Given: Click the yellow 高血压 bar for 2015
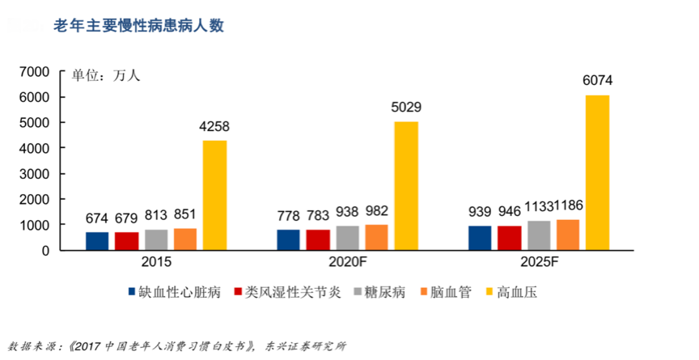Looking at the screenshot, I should pos(214,195).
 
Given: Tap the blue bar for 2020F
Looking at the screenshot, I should pos(288,240).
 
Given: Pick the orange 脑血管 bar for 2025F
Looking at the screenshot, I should pos(568,235).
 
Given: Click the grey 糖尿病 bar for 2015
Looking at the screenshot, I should pos(155,240).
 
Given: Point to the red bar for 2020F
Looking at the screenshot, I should pos(317,240).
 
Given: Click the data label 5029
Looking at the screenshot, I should pos(406,108).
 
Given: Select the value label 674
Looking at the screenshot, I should pos(97,217).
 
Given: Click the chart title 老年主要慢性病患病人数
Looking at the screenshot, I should pos(138,25).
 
